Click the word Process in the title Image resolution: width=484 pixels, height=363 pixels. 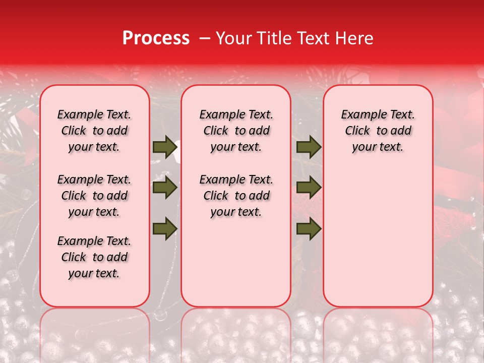[156, 38]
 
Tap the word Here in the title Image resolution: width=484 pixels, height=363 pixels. [353, 38]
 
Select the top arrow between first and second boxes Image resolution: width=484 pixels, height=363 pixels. [165, 147]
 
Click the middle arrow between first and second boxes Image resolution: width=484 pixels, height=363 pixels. [165, 188]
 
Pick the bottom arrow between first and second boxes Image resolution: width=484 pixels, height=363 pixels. [165, 228]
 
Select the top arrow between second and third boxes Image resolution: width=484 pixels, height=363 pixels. [309, 147]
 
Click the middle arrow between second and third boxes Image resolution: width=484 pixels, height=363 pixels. [309, 188]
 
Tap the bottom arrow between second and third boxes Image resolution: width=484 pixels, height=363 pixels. [309, 228]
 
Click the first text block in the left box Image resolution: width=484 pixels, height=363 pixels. [94, 131]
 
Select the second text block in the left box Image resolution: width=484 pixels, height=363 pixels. [94, 196]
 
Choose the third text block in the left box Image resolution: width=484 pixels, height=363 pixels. [94, 257]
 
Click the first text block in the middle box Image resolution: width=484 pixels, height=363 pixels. [236, 131]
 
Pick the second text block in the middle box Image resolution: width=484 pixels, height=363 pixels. [236, 196]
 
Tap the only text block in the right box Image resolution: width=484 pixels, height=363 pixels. [378, 131]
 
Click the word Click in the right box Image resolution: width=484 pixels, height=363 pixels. [357, 131]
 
